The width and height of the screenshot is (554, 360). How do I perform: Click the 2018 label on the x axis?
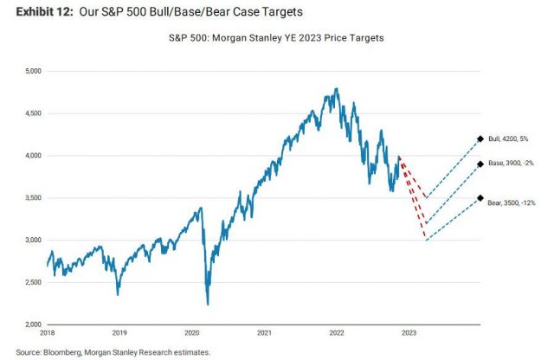tap(48, 332)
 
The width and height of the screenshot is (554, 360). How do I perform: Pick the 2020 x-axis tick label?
tap(192, 332)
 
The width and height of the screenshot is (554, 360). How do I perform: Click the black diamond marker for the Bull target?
tap(480, 138)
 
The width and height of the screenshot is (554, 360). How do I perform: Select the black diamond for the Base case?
tap(480, 164)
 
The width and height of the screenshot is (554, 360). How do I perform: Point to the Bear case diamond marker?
tap(480, 197)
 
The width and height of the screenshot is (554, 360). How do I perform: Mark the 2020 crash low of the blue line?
tap(208, 304)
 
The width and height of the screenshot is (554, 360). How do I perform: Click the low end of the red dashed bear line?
tap(426, 240)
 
